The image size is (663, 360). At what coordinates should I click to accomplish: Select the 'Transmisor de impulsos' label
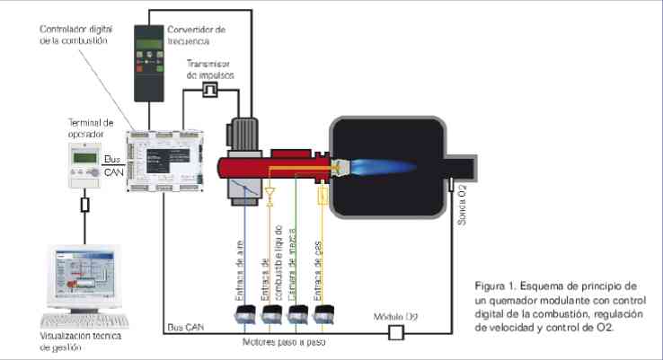coord(212,70)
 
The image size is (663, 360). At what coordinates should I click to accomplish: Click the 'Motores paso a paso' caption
coord(284,343)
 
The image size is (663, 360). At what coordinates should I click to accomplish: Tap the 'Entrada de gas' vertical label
coord(321,256)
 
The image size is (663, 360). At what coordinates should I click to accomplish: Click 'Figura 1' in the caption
coord(498,286)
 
